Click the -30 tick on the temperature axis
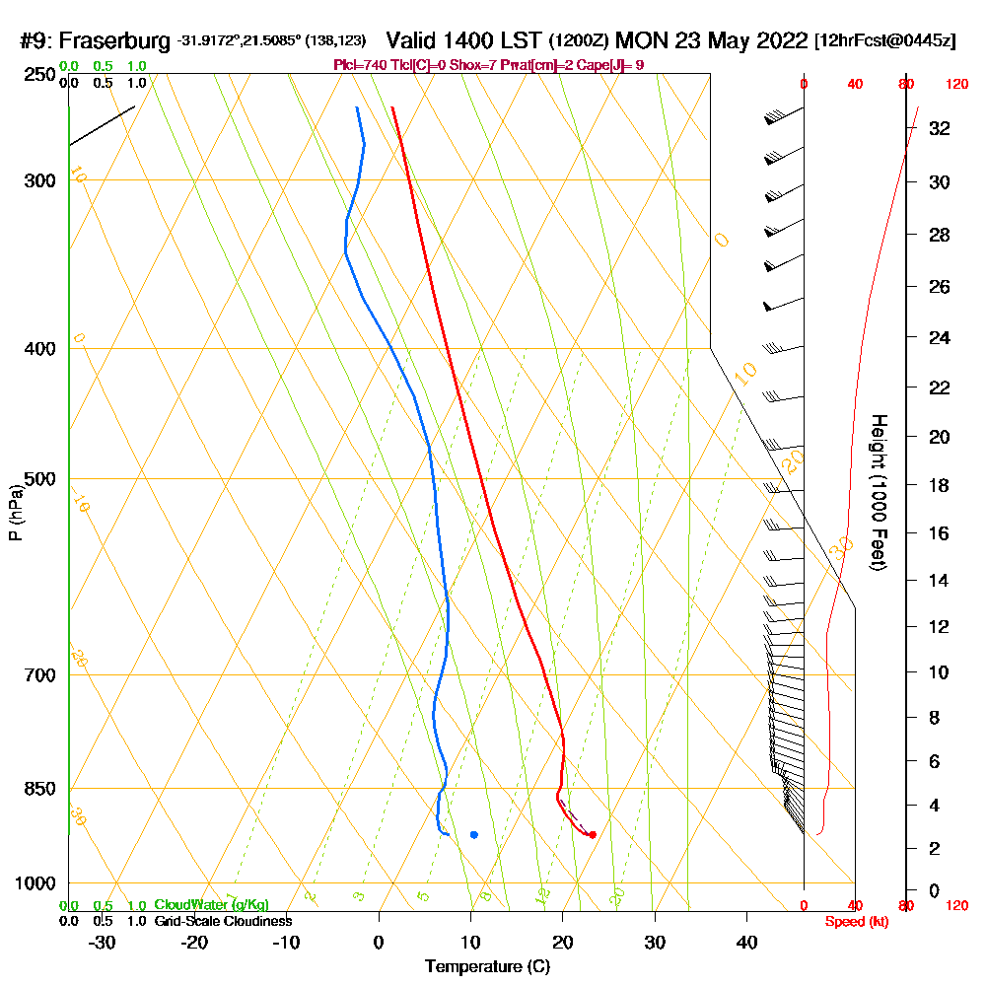click(103, 942)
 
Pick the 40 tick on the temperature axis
click(746, 942)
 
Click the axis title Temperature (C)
click(487, 967)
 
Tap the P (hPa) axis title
click(15, 513)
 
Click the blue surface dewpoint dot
click(474, 835)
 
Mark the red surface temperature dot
click(592, 835)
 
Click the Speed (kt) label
click(855, 921)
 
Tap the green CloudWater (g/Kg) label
click(211, 905)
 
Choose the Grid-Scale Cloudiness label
click(223, 921)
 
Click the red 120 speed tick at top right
click(955, 85)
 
